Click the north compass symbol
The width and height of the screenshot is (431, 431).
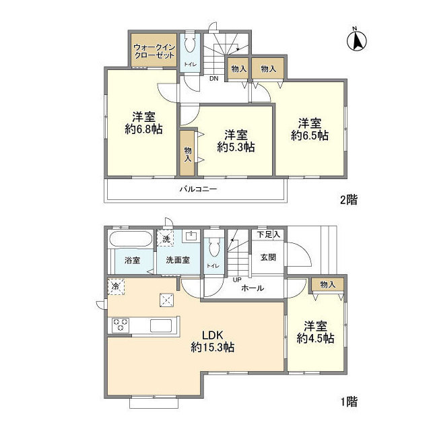(357, 40)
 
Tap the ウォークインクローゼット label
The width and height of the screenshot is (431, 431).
(154, 51)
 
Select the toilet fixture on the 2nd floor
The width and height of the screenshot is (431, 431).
(190, 42)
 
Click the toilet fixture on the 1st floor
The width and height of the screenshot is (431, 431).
(214, 247)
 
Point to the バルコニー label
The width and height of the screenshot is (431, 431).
(199, 189)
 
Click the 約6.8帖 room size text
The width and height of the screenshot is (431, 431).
(143, 129)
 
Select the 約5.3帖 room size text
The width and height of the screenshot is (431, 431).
(236, 147)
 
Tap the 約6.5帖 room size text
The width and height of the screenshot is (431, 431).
(310, 135)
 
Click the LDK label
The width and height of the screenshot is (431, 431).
(212, 335)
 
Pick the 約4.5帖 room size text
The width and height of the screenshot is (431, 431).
(316, 338)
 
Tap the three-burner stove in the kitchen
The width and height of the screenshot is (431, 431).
(121, 325)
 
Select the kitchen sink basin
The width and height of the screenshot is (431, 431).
(161, 326)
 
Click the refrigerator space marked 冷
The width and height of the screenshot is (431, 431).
(116, 287)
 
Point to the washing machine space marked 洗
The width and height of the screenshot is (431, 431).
(165, 238)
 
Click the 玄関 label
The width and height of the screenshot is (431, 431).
(268, 257)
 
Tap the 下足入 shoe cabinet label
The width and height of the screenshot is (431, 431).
(269, 235)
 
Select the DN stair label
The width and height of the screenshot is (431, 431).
(214, 79)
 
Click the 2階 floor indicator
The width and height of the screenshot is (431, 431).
(349, 199)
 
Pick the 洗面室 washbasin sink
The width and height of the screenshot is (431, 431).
(191, 236)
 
